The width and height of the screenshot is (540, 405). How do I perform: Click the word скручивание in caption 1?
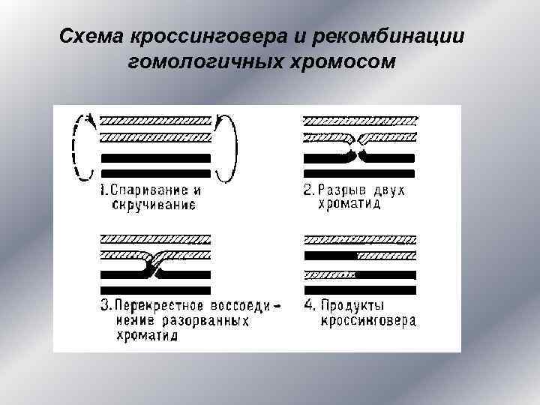tap(154, 203)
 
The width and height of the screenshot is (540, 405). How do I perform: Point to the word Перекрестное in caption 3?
tap(155, 305)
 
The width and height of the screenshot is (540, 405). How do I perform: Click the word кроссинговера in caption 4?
tap(368, 321)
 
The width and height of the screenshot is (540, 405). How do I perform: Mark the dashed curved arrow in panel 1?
tap(76, 148)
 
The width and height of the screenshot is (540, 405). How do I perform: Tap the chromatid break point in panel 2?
tap(358, 148)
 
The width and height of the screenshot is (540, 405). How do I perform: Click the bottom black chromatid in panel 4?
tap(359, 289)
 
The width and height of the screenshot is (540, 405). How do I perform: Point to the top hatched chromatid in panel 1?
tap(156, 120)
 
